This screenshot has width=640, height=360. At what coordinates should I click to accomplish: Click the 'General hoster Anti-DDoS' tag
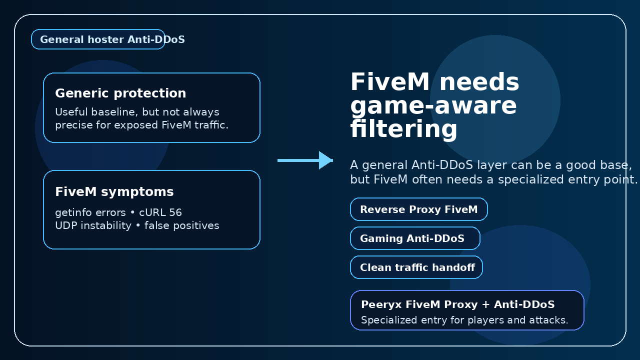pyautogui.click(x=98, y=39)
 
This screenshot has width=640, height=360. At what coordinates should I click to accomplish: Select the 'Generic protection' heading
pyautogui.click(x=120, y=93)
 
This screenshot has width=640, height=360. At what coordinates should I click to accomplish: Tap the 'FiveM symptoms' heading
pyautogui.click(x=114, y=192)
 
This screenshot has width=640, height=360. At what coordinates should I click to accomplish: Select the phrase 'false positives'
pyautogui.click(x=182, y=226)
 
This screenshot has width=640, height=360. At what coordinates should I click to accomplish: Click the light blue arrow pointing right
pyautogui.click(x=305, y=160)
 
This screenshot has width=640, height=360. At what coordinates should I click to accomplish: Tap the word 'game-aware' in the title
pyautogui.click(x=433, y=106)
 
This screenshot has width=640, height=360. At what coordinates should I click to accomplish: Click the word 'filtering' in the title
pyautogui.click(x=403, y=129)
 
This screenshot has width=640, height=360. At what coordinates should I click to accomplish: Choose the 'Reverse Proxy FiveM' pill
pyautogui.click(x=418, y=209)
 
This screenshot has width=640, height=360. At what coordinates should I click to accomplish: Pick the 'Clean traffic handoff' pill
pyautogui.click(x=417, y=267)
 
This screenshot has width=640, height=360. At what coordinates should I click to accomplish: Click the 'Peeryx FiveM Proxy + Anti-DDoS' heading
pyautogui.click(x=457, y=305)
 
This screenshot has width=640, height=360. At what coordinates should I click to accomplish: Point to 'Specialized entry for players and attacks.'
pyautogui.click(x=464, y=320)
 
